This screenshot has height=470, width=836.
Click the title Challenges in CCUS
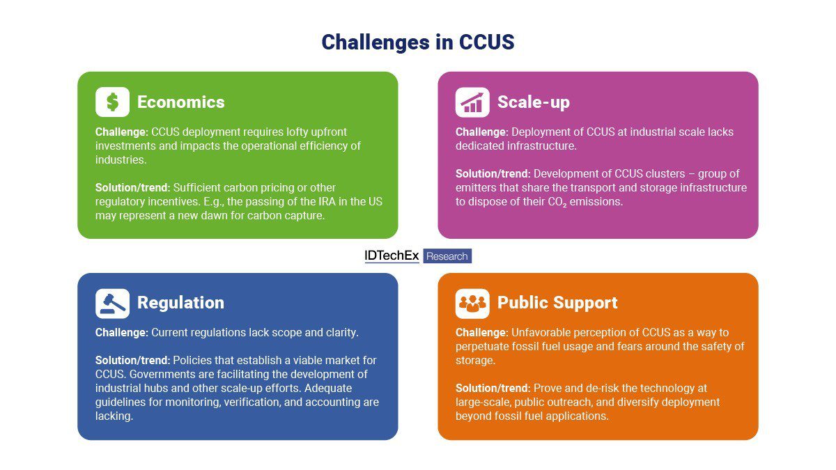(417, 42)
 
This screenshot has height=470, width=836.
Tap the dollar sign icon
(112, 102)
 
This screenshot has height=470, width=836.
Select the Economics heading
(180, 102)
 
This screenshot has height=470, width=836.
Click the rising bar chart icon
(472, 102)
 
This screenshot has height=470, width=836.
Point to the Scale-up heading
(533, 102)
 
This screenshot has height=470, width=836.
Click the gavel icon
(112, 303)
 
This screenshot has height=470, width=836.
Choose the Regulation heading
(180, 303)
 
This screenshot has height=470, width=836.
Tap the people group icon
(472, 303)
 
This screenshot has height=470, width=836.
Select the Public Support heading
(557, 303)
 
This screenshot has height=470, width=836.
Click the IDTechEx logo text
(392, 256)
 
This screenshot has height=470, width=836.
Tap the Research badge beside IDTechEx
(447, 256)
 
